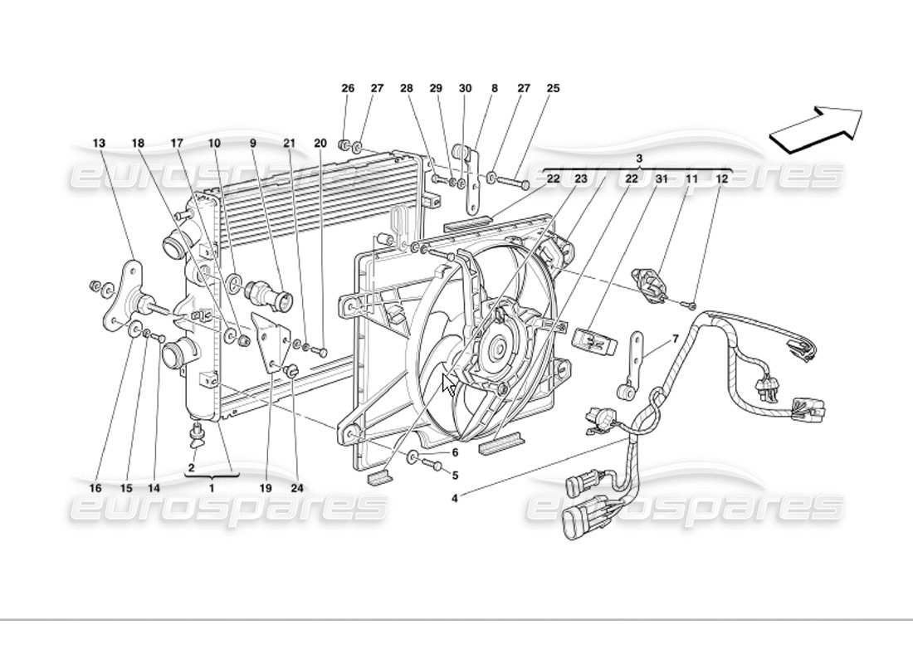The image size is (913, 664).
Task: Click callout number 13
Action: coord(99,144)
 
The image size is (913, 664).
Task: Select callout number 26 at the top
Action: coord(348,88)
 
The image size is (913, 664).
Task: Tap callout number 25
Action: coord(553,88)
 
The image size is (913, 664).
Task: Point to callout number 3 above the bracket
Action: coord(639,158)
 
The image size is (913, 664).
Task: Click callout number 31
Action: coord(662,178)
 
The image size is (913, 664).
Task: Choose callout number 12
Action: coord(721,178)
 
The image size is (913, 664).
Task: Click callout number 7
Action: coord(675,339)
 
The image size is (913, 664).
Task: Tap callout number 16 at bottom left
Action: coord(95,488)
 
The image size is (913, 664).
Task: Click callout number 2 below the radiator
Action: coord(191,468)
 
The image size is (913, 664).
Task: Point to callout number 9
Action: coord(253,144)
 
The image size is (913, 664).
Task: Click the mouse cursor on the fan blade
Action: coord(448,384)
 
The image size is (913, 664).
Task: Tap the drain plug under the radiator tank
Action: coord(198,432)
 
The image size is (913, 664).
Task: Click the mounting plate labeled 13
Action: coord(124,295)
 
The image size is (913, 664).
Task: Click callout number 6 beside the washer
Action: coord(455,453)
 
